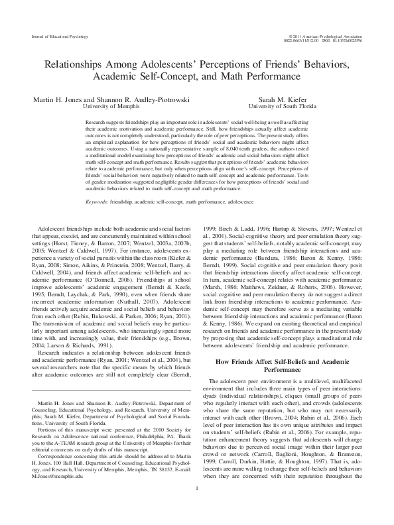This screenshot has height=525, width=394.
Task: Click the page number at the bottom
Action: point(197,507)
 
